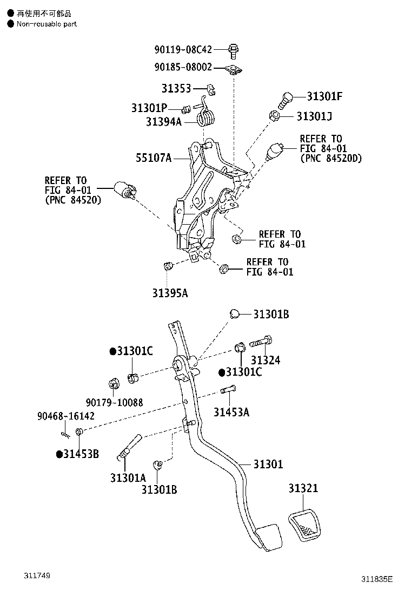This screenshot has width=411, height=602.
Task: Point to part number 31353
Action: [x=176, y=88]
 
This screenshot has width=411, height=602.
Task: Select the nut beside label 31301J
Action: [x=274, y=115]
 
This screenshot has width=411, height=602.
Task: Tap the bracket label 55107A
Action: [x=153, y=158]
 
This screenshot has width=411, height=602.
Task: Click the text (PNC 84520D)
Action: [x=331, y=159]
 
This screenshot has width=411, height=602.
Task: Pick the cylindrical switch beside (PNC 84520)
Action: [x=125, y=191]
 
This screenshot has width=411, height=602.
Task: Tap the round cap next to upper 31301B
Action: [x=234, y=314]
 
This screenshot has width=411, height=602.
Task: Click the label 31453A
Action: [x=231, y=412]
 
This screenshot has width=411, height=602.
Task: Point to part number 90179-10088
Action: [x=114, y=402]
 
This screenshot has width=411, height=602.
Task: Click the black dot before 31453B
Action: [x=59, y=454]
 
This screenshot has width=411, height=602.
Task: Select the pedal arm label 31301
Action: [x=268, y=464]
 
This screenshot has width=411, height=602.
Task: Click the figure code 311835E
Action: [x=377, y=579]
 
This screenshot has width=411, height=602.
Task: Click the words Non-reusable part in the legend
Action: [x=47, y=24]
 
